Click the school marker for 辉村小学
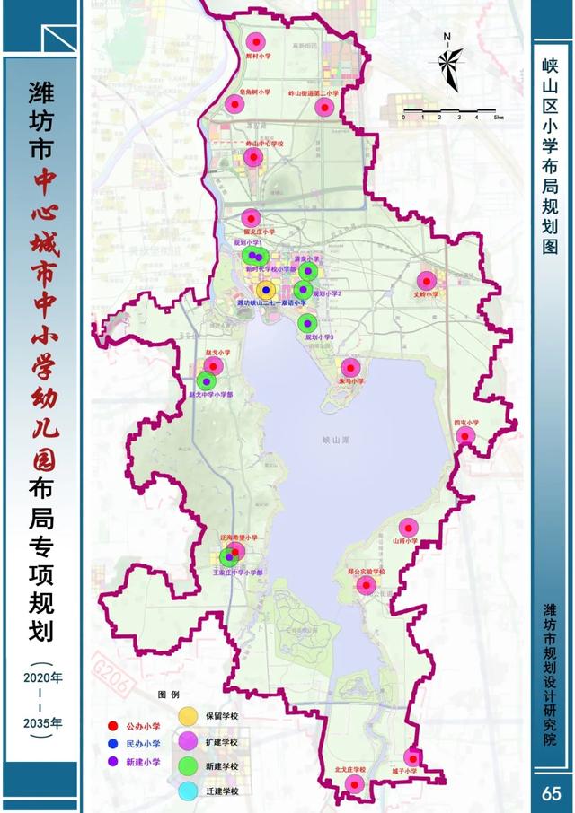click(x=256, y=41)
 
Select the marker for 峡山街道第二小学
click(x=325, y=107)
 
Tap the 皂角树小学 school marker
click(x=234, y=104)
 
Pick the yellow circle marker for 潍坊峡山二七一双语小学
click(x=267, y=290)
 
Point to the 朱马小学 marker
click(x=349, y=367)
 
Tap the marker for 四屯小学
click(x=465, y=436)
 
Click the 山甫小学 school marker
click(x=409, y=528)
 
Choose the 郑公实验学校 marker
click(x=366, y=586)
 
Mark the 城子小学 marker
click(x=412, y=757)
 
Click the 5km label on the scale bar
click(x=497, y=117)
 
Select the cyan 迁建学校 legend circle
click(x=189, y=790)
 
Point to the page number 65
click(x=551, y=793)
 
